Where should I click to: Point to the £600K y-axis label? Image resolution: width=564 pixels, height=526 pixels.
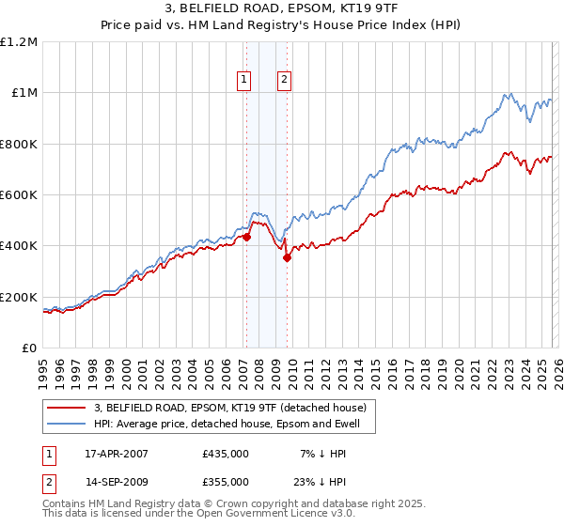click(x=19, y=195)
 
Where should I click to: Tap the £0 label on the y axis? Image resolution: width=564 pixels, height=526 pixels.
click(x=31, y=348)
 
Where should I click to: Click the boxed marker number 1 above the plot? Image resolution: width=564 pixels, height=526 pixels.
click(x=244, y=81)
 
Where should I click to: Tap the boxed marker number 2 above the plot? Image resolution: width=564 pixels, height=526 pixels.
click(x=284, y=81)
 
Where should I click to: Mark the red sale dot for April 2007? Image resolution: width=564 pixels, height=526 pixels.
click(x=246, y=238)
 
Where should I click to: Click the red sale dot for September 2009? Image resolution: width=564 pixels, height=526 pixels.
click(x=287, y=258)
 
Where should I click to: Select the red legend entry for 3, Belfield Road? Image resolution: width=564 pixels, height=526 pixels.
click(x=235, y=408)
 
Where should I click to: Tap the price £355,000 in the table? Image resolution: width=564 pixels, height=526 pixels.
click(x=225, y=481)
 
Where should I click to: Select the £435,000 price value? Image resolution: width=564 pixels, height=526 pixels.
click(x=225, y=453)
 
